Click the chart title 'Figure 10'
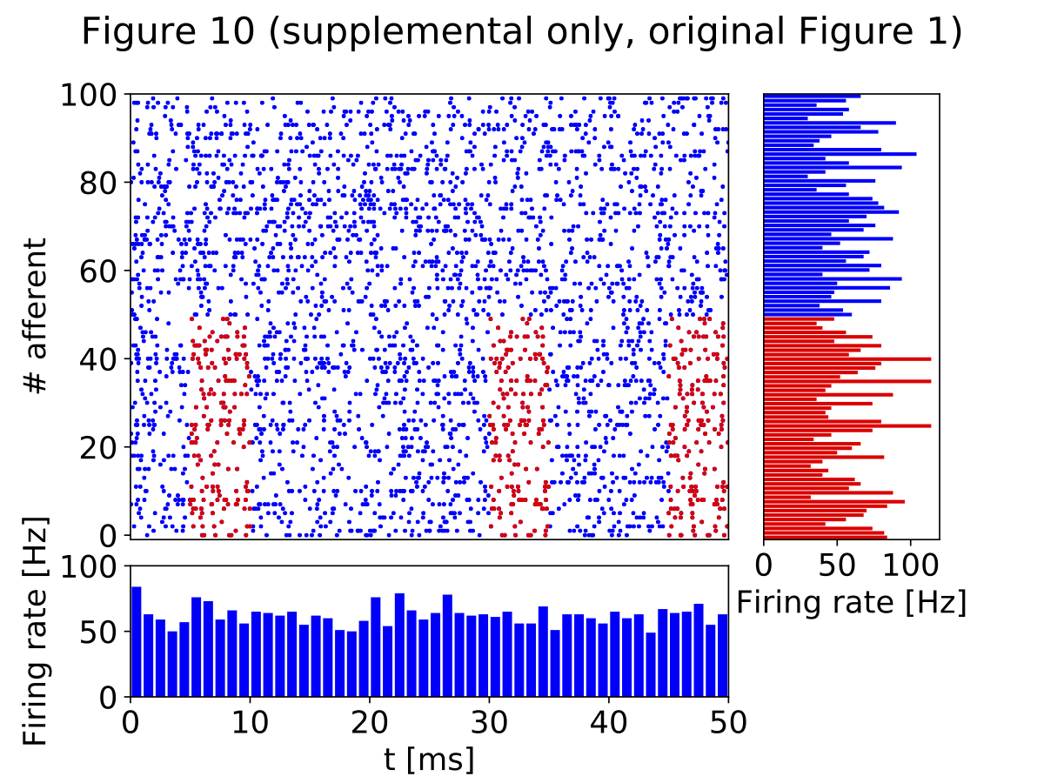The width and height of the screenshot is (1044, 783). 521,32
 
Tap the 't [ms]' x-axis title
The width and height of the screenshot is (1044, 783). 429,760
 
